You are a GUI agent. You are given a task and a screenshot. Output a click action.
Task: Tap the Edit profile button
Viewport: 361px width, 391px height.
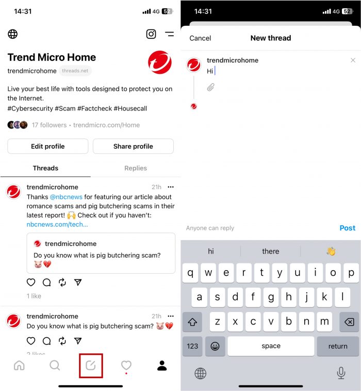[47, 146]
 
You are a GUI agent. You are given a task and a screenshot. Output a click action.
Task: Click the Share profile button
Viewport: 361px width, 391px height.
[133, 146]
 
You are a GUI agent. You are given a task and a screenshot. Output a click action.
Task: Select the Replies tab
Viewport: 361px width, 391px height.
[136, 168]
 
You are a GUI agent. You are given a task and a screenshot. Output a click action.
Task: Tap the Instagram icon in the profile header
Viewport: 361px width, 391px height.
[151, 34]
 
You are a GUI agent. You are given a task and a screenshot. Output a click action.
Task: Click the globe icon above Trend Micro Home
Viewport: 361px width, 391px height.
[13, 34]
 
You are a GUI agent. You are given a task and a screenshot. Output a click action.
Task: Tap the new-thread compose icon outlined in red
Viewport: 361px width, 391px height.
[91, 366]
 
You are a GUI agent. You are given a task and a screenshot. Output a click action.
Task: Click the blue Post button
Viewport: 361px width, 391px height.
[347, 228]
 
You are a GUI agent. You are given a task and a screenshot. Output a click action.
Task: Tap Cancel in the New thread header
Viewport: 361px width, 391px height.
[200, 38]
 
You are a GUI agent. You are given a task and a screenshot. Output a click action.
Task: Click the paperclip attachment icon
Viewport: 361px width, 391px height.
[210, 87]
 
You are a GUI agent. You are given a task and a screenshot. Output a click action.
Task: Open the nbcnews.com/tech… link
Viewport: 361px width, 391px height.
[57, 224]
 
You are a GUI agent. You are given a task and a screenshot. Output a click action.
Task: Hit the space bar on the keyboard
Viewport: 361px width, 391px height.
[271, 346]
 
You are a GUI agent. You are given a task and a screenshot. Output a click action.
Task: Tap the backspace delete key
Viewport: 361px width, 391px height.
[349, 322]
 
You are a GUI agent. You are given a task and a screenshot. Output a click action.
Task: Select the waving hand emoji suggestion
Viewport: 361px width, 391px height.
[331, 252]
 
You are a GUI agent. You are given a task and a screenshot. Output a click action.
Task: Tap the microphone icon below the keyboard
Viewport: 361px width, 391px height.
[341, 373]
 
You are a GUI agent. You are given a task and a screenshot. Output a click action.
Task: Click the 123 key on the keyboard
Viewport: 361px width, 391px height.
[192, 346]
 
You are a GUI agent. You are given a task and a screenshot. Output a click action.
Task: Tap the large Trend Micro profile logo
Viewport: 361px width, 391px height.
[159, 62]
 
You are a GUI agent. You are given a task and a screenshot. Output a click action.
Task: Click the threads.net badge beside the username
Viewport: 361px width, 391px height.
[75, 71]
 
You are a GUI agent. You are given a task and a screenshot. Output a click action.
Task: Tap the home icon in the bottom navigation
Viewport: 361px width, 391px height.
[19, 366]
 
